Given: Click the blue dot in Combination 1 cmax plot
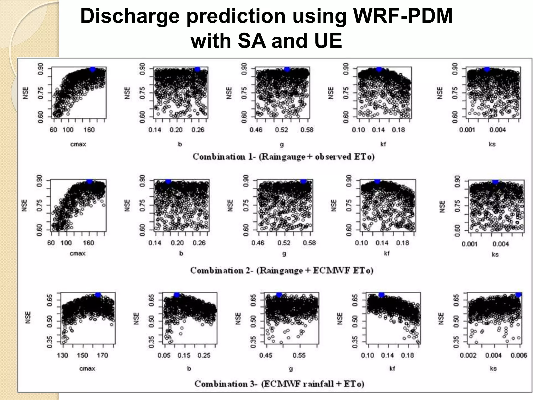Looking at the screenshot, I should click(92, 69).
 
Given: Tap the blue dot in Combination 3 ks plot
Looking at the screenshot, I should click(518, 295).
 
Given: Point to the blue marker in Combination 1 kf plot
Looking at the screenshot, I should click(379, 69).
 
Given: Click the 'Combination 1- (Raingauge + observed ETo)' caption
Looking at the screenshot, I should click(283, 157).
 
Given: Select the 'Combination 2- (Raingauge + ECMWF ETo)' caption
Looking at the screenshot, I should click(282, 270).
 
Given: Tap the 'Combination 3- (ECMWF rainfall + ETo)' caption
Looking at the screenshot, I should click(279, 384).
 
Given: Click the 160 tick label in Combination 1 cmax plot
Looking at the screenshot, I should click(89, 130).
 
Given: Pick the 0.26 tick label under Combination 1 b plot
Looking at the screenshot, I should click(198, 130).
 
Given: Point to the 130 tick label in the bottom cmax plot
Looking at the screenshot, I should click(62, 355).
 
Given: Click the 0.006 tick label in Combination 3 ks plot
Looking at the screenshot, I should click(519, 355).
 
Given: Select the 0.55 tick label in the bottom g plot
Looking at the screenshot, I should click(299, 355).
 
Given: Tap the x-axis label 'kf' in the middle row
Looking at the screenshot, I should click(386, 253).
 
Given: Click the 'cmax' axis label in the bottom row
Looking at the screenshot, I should click(87, 369).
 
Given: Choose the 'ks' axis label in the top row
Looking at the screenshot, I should click(492, 144).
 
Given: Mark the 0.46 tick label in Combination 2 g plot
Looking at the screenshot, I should click(258, 243).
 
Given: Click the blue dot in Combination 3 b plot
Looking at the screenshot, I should click(176, 295).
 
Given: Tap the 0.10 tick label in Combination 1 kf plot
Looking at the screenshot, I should click(358, 130).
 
